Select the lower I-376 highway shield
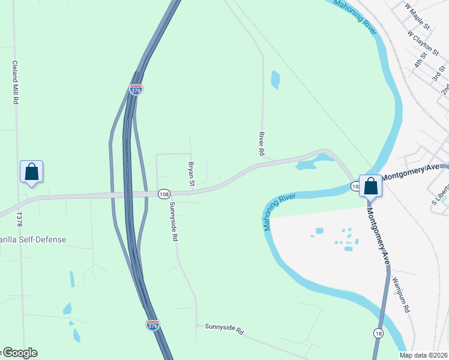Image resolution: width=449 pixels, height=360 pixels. pyautogui.click(x=153, y=325)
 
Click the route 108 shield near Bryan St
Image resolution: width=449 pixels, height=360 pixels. pyautogui.click(x=164, y=194)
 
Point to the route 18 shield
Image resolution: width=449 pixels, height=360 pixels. pyautogui.click(x=378, y=333)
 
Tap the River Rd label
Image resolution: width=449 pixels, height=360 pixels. pyautogui.click(x=262, y=144)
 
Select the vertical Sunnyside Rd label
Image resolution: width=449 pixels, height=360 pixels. pyautogui.click(x=174, y=221)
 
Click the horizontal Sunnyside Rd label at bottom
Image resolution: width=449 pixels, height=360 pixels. pyautogui.click(x=224, y=329)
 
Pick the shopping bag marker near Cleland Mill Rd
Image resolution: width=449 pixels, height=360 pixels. pyautogui.click(x=31, y=172)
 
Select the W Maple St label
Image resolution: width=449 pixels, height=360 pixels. pyautogui.click(x=418, y=16)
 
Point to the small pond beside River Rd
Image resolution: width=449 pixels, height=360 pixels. pyautogui.click(x=276, y=79)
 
